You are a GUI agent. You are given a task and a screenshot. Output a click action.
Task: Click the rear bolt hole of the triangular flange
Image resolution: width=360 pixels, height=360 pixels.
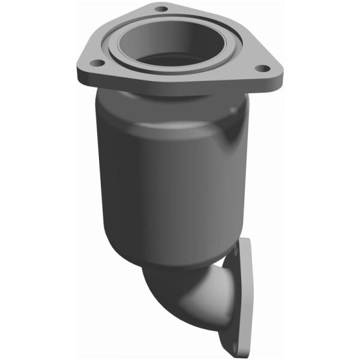pyautogui.click(x=160, y=9)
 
